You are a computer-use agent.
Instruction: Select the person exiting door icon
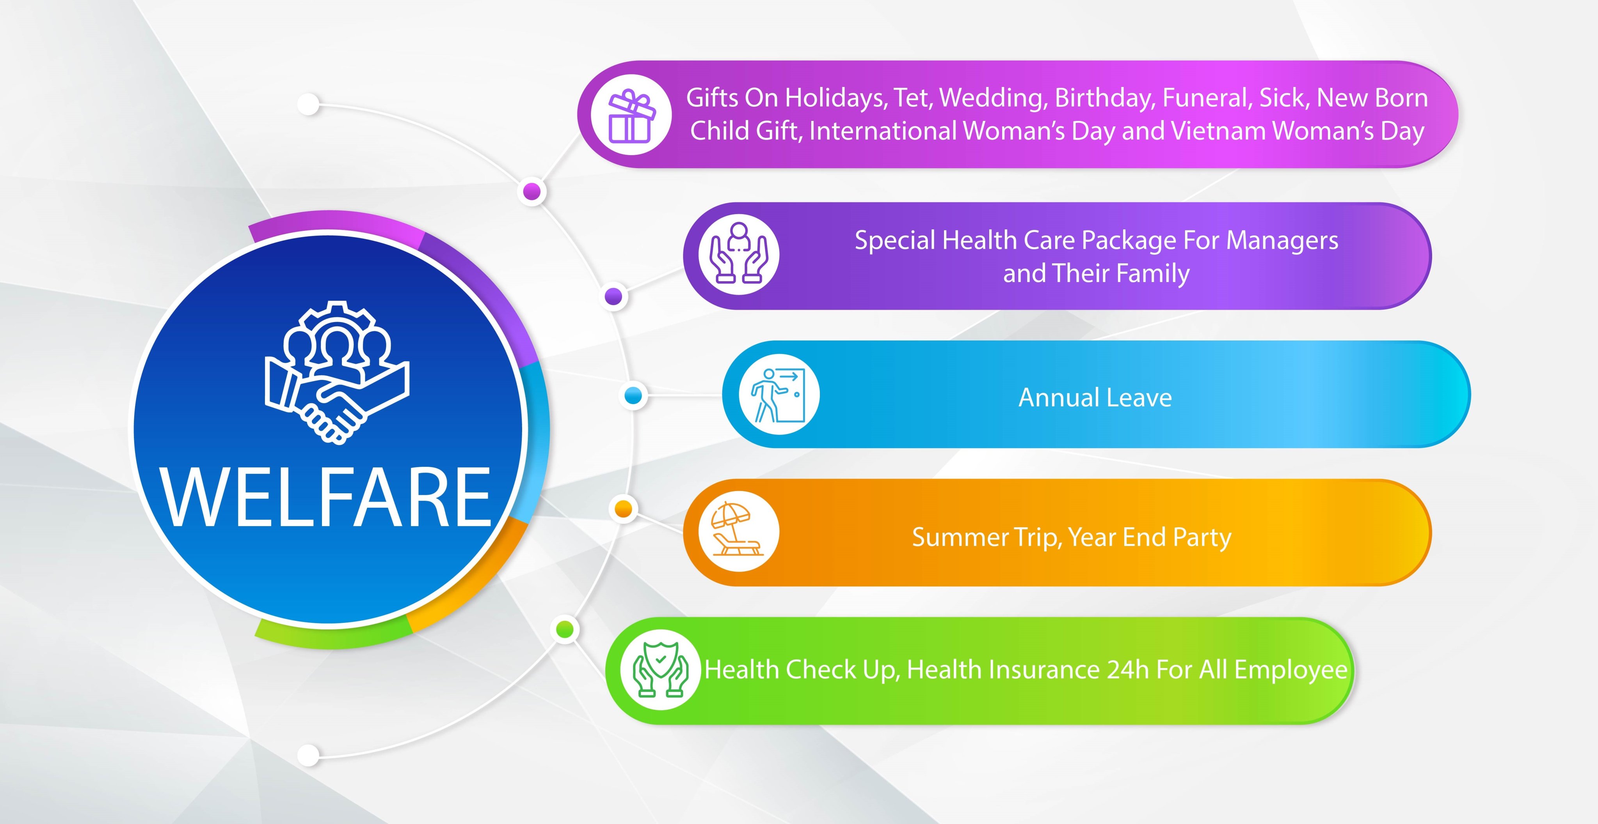779,395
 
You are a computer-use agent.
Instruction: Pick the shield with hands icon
660,670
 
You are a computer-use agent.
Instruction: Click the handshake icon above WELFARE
337,372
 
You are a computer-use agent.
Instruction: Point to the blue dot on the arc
633,395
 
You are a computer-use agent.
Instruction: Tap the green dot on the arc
565,629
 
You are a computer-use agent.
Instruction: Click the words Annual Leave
1095,397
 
